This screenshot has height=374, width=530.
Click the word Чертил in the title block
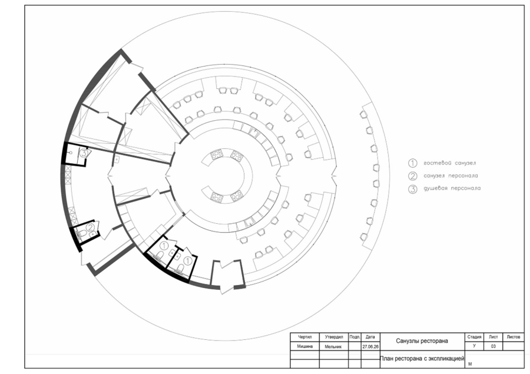pyautogui.click(x=305, y=337)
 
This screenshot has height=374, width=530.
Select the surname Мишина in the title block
pyautogui.click(x=305, y=346)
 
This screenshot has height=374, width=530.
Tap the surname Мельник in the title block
pyautogui.click(x=333, y=346)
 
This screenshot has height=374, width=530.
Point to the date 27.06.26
pyautogui.click(x=370, y=346)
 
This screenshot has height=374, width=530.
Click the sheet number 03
pyautogui.click(x=493, y=346)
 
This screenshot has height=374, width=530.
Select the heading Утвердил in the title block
pyautogui.click(x=334, y=337)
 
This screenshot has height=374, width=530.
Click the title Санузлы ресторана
pyautogui.click(x=422, y=341)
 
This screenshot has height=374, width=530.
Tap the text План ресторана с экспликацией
pyautogui.click(x=422, y=359)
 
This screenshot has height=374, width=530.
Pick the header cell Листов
pyautogui.click(x=514, y=337)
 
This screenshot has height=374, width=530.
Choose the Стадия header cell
pyautogui.click(x=474, y=337)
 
